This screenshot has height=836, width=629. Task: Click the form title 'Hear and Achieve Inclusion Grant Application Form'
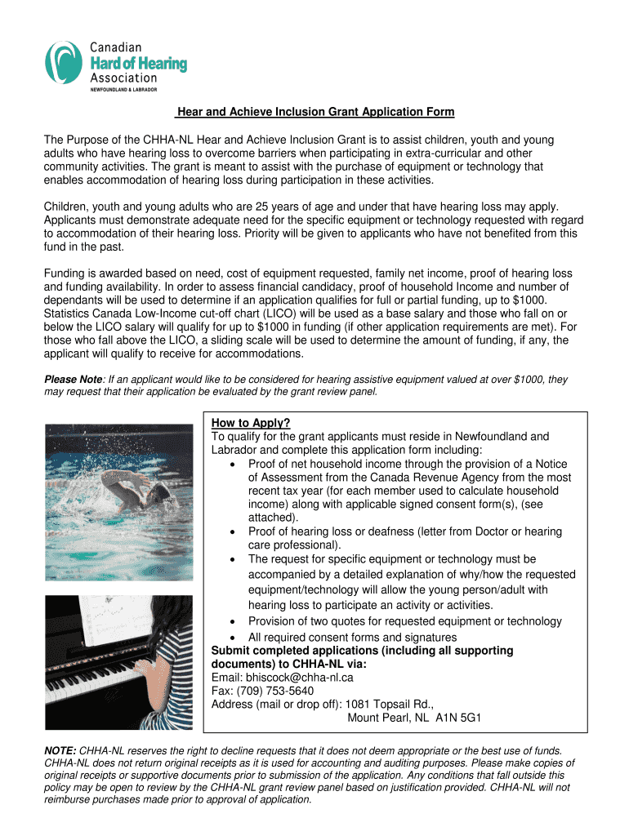coord(314,112)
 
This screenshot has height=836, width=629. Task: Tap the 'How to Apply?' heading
coord(251,423)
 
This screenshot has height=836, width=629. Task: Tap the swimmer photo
coord(118,501)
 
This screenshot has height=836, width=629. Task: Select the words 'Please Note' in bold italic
coord(72,380)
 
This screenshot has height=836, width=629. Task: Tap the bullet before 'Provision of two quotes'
coord(235,622)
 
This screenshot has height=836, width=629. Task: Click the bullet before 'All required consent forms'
coord(235,638)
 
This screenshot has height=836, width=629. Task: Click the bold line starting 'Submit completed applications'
coord(362,651)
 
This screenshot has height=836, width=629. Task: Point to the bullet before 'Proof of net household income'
coord(235,464)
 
